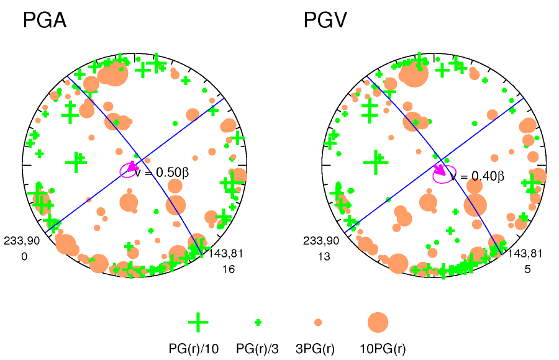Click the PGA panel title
pos(44,21)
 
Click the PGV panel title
pos(325,21)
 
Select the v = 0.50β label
pos(166,173)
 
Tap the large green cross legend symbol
pos(198,322)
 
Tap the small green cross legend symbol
pos(258,322)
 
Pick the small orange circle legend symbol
pos(318,322)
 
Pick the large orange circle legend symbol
pos(378,322)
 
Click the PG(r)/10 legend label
pos(194,349)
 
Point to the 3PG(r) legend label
pos(317,349)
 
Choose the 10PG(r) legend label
pos(383,349)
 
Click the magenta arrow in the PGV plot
pos(440,169)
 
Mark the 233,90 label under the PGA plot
pos(22,241)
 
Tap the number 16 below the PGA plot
pos(228,269)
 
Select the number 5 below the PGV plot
pos(527,269)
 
